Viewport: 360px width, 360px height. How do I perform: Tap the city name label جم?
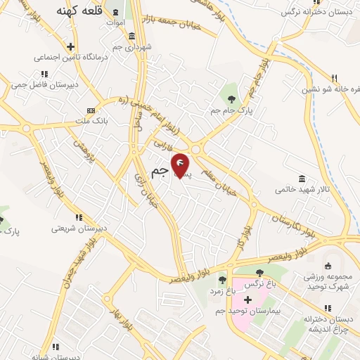click(160, 172)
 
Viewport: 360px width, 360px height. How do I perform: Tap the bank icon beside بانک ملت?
click(90, 110)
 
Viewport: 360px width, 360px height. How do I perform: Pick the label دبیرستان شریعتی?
click(79, 229)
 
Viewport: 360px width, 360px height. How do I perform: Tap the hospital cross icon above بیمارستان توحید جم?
click(247, 299)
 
